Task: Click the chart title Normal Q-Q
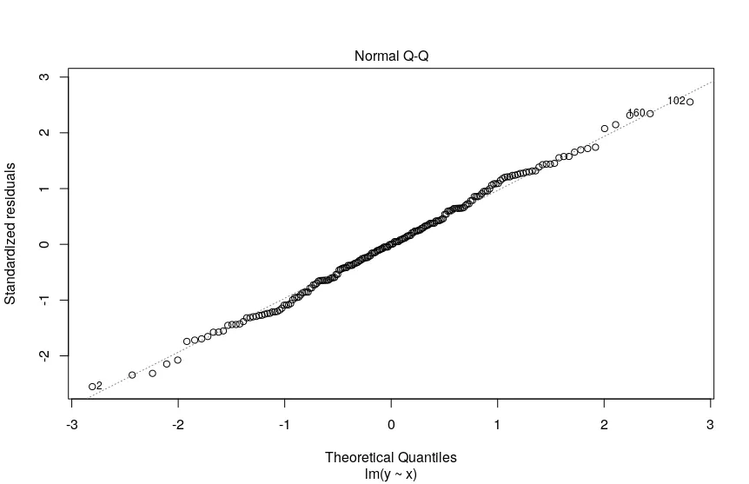[x=390, y=56]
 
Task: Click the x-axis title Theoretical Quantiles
[x=390, y=457]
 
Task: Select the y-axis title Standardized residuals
[x=11, y=234]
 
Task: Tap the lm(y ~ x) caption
[x=390, y=474]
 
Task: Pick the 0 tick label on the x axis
[x=391, y=425]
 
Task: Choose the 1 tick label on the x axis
[x=497, y=425]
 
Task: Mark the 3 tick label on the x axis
[x=710, y=425]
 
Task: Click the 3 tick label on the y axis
[x=41, y=77]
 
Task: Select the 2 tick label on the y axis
[x=41, y=133]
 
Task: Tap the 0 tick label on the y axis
[x=41, y=244]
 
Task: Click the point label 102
[x=676, y=101]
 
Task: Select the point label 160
[x=636, y=113]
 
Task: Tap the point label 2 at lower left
[x=99, y=385]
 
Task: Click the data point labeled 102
[x=690, y=103]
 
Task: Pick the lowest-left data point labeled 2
[x=91, y=387]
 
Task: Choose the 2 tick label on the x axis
[x=604, y=425]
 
